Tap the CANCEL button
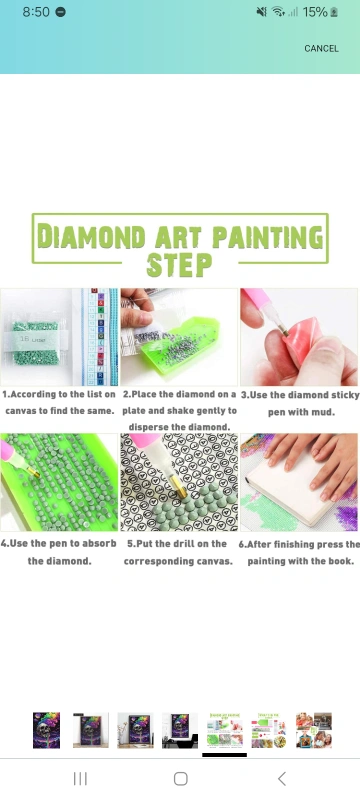click(x=321, y=48)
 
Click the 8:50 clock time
click(x=36, y=12)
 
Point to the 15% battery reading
click(x=315, y=12)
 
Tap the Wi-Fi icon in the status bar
click(x=278, y=12)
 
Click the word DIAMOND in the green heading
click(x=92, y=237)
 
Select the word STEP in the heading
click(x=179, y=264)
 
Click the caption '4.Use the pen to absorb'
click(x=59, y=543)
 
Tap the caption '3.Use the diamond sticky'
click(x=300, y=395)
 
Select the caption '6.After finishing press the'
click(x=299, y=544)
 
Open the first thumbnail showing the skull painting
click(x=46, y=731)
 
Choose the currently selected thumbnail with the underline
click(x=224, y=731)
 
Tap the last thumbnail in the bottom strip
click(x=314, y=731)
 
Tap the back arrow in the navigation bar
click(x=281, y=779)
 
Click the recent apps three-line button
click(x=80, y=779)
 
